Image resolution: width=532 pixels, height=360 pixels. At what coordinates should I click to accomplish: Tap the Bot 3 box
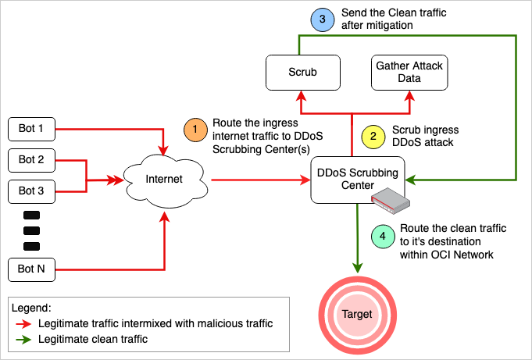[32, 190]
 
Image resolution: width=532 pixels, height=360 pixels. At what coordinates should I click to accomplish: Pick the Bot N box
[32, 270]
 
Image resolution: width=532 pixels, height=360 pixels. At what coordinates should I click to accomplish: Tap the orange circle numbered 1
[195, 131]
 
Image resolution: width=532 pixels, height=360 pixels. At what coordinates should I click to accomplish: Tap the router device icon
[390, 202]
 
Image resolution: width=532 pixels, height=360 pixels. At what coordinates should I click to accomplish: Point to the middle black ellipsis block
[31, 230]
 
